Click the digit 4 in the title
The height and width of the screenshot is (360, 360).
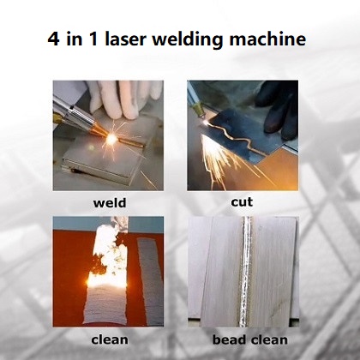[x=53, y=39]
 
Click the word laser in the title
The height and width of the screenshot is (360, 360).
[x=125, y=39]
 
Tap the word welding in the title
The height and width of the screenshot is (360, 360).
[x=188, y=39]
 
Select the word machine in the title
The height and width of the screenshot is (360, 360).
[x=267, y=39]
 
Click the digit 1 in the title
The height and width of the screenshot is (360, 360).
[x=93, y=39]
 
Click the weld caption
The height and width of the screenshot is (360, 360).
[x=110, y=203]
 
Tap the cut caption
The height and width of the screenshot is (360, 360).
[x=242, y=201]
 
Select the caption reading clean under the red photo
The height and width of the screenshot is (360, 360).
[x=110, y=339]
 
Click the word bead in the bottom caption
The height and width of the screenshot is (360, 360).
[x=229, y=339]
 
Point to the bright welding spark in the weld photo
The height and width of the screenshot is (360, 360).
[x=111, y=139]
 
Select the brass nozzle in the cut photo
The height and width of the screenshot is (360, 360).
[x=198, y=111]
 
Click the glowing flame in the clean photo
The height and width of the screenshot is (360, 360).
[x=107, y=279]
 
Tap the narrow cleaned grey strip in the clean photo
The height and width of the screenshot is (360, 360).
[x=150, y=281]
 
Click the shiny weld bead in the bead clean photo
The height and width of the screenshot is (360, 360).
[x=246, y=272]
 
